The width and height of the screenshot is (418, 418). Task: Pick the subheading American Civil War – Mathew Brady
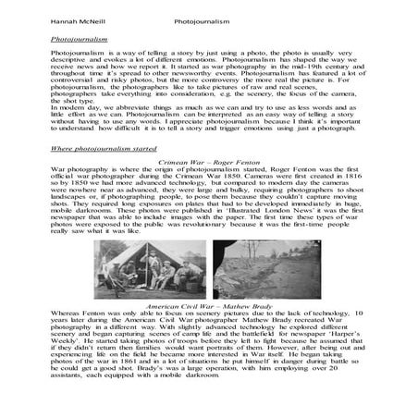(207, 301)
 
